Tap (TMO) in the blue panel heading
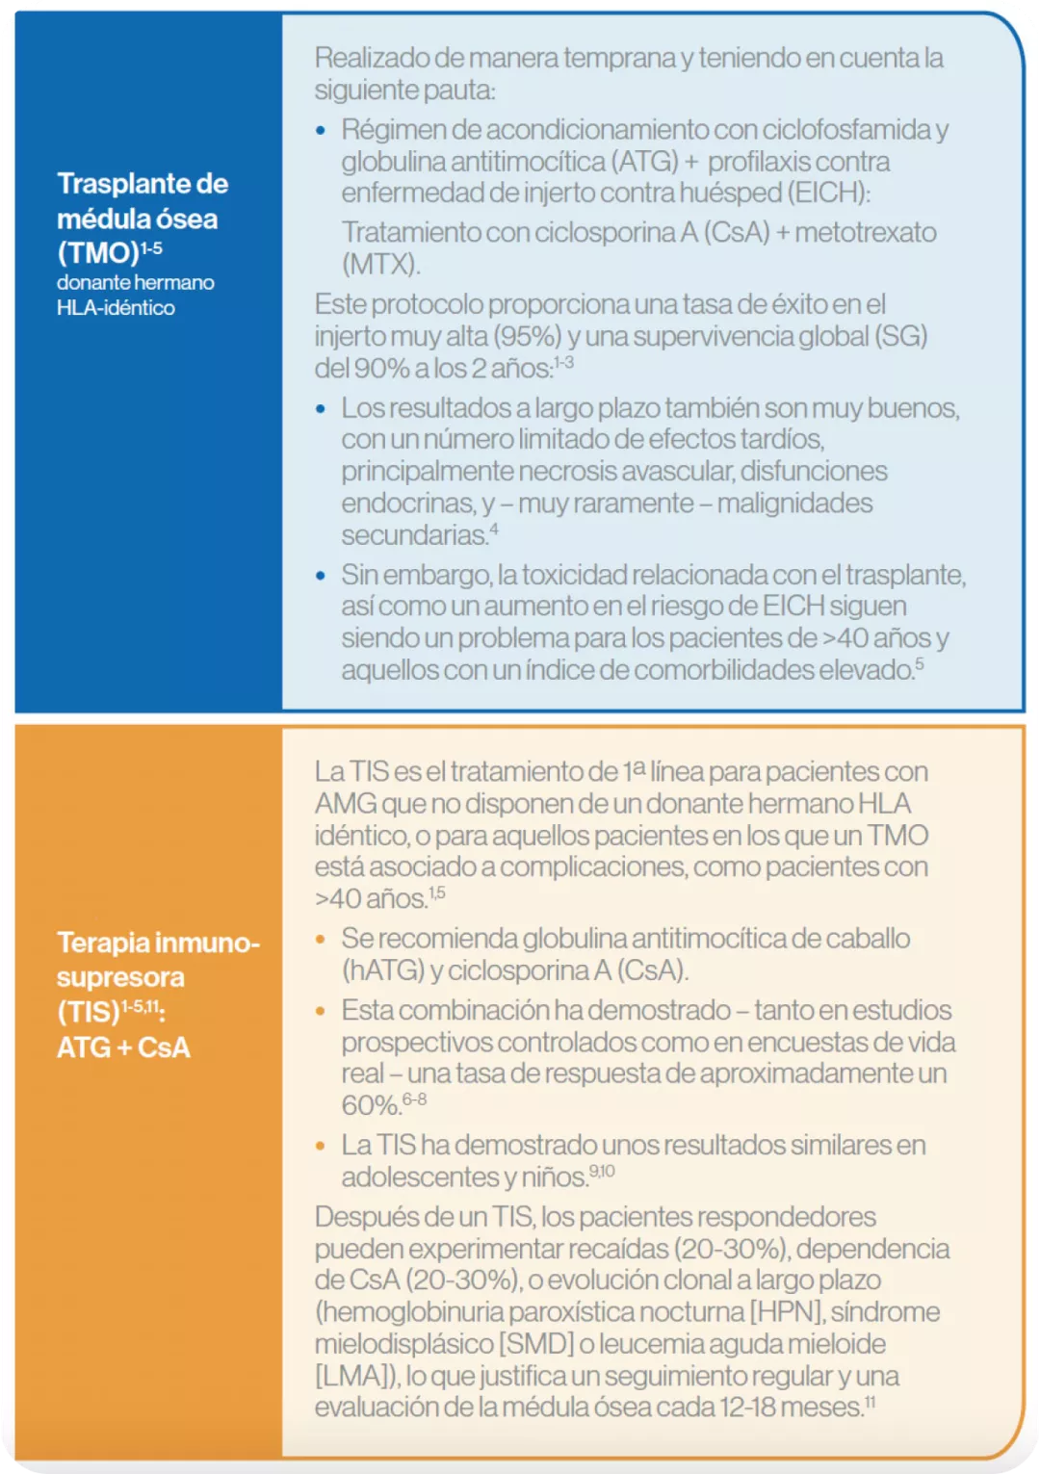tap(98, 253)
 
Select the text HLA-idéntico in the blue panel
tap(116, 308)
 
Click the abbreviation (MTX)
tap(380, 264)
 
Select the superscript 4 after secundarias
tap(494, 529)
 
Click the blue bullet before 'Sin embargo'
tap(322, 576)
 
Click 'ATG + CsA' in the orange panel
tap(123, 1047)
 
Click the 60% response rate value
tap(370, 1105)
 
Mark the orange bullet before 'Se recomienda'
tap(322, 939)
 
